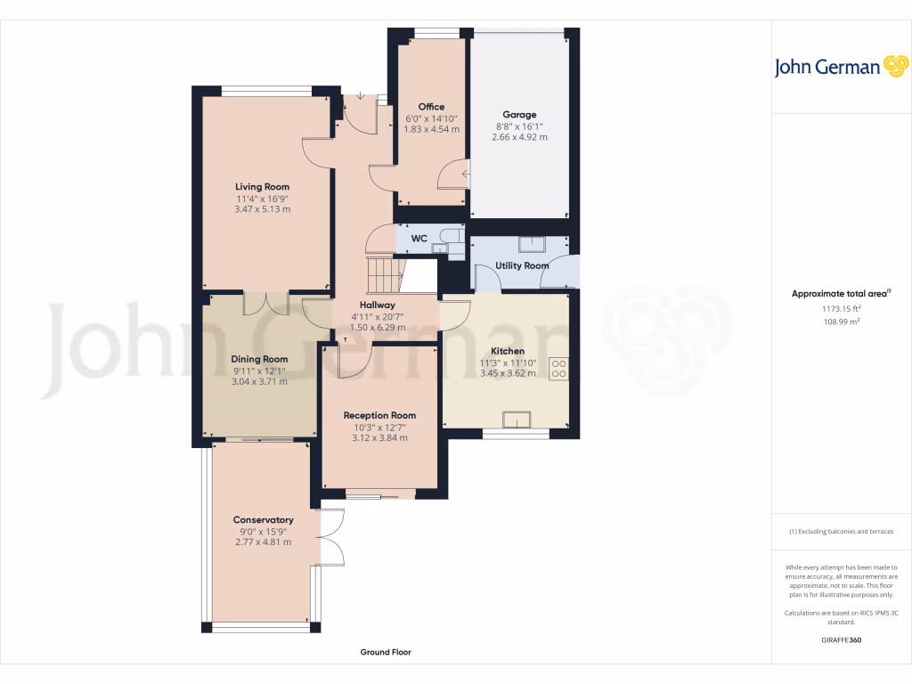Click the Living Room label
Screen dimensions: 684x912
(263, 187)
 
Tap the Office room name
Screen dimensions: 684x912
(432, 107)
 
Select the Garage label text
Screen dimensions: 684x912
(519, 115)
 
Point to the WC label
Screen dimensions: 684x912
(419, 238)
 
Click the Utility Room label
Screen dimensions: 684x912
(522, 265)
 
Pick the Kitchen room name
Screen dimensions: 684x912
(508, 351)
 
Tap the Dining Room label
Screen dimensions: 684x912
(259, 359)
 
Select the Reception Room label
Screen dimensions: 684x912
(379, 415)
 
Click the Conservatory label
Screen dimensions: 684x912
(263, 520)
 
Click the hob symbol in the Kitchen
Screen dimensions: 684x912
(559, 368)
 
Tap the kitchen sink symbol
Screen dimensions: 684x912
(517, 419)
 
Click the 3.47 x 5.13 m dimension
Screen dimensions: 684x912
(263, 209)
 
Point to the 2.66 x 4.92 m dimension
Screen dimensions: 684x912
(519, 137)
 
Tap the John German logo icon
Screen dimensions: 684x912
(895, 66)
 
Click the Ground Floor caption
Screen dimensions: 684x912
(386, 652)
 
